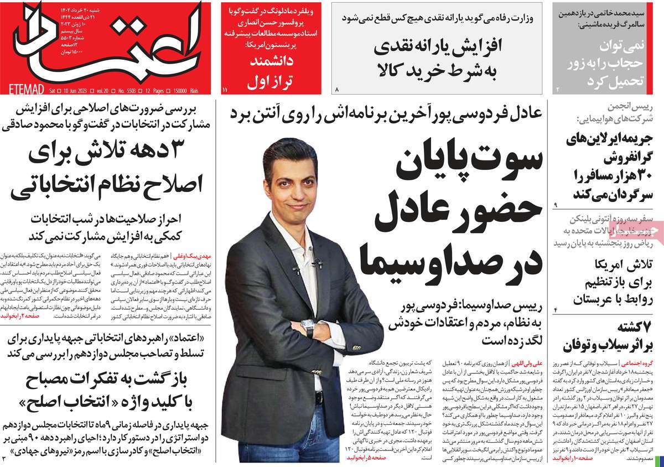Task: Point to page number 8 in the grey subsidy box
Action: pyautogui.click(x=336, y=89)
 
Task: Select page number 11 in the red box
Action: pyautogui.click(x=225, y=89)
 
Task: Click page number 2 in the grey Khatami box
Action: pyautogui.click(x=558, y=89)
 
